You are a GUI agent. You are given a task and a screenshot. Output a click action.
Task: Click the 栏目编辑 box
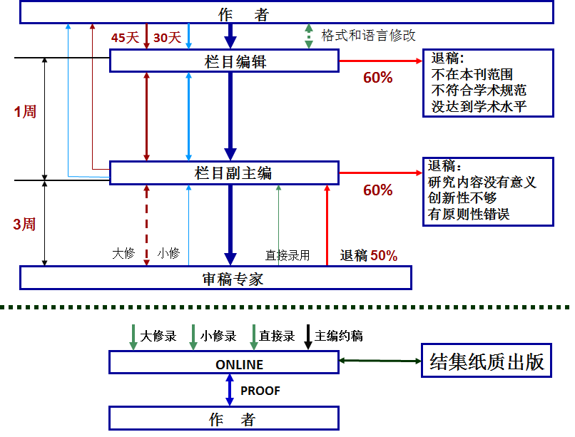[223, 61]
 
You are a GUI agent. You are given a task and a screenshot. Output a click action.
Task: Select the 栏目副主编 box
[223, 173]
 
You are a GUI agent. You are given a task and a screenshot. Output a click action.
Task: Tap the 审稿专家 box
[215, 278]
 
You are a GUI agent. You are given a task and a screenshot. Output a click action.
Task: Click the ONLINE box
[223, 363]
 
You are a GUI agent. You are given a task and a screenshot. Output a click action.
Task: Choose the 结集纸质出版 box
[487, 361]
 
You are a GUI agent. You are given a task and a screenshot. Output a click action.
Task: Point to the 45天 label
[125, 38]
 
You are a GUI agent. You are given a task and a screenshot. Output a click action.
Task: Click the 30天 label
[167, 38]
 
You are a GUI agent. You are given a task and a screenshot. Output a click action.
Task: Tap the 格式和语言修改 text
[368, 35]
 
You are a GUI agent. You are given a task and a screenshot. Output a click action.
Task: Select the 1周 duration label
[25, 112]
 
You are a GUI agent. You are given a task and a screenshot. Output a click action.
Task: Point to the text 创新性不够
[462, 198]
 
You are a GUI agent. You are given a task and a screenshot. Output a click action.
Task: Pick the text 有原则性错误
[469, 214]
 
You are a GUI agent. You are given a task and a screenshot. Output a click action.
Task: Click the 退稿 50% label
[369, 255]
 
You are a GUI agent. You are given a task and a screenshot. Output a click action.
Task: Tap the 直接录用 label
[287, 255]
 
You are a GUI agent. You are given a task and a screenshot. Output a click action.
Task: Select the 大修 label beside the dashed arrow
[123, 254]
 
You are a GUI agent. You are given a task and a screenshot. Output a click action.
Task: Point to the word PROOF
[260, 391]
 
